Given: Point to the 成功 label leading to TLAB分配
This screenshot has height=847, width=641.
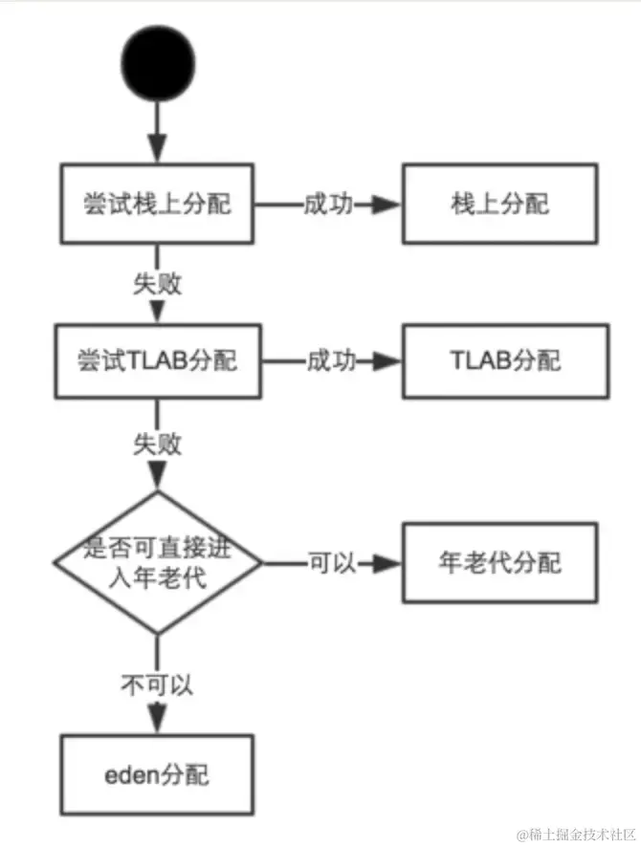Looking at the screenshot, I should (330, 361).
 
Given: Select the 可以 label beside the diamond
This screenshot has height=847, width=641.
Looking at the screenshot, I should (330, 562).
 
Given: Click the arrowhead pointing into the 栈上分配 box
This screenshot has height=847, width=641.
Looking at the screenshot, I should (387, 205).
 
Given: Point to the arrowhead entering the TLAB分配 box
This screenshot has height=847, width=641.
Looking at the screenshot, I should (387, 361).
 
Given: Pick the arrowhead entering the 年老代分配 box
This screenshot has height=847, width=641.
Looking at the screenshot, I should (387, 563).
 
